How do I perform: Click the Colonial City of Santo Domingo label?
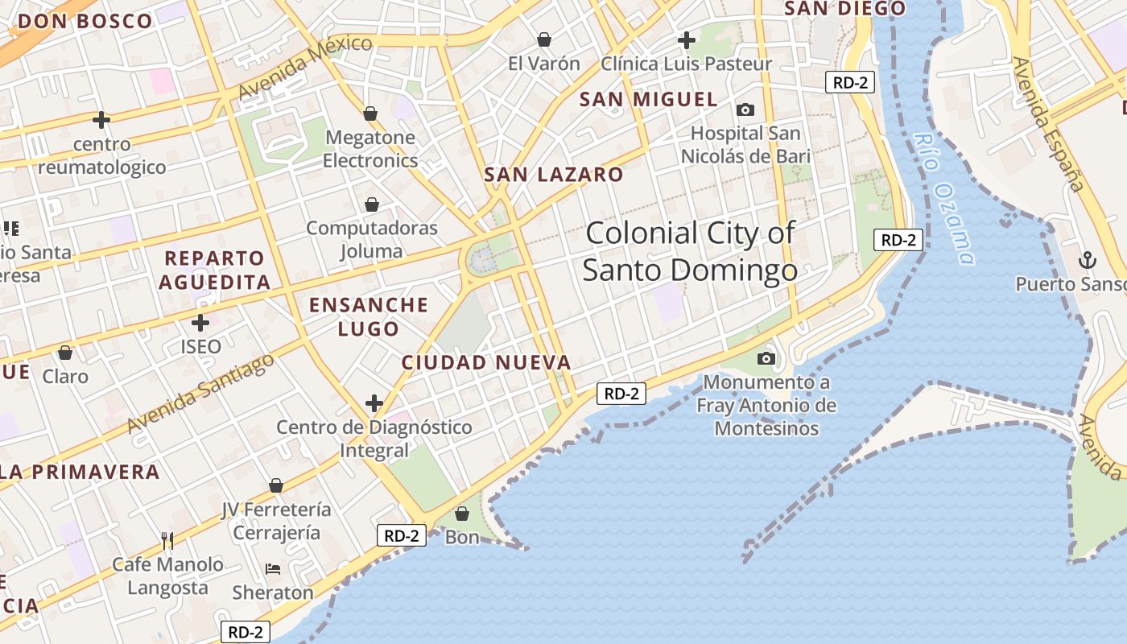pos(690,251)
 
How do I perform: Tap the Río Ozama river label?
pos(943,197)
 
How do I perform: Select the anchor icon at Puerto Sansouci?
pos(1088,260)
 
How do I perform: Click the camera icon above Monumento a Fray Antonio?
pos(766,357)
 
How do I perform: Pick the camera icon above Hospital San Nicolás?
pos(745,109)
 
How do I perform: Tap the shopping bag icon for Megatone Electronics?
pos(370,114)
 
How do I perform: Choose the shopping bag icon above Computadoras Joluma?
pos(372,204)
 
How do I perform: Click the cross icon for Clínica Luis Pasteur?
pos(687,39)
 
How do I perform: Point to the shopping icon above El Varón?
pos(544,39)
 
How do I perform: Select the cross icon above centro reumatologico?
pos(101,121)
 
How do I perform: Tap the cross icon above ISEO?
pos(200,324)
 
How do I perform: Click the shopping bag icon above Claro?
pos(65,353)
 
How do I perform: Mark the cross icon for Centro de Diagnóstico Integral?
pos(374,402)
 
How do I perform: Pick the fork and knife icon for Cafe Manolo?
pos(167,540)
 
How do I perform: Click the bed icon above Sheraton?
pos(273,569)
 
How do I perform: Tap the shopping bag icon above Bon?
pos(462,513)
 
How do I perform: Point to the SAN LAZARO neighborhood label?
pos(554,175)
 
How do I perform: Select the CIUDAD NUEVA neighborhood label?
pos(486,363)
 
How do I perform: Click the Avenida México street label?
pos(305,68)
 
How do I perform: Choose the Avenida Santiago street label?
pos(200,393)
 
